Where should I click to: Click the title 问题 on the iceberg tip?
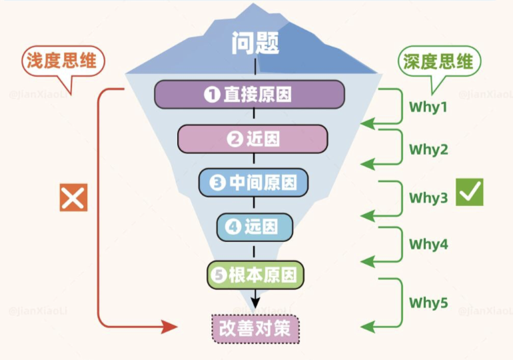(256, 43)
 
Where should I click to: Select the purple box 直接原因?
(249, 94)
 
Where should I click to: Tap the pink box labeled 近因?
(253, 139)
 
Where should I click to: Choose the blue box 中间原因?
(254, 183)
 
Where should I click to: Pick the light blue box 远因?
(255, 227)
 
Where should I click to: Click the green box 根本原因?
(255, 275)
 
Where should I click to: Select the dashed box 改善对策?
(256, 328)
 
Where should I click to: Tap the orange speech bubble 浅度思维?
(61, 62)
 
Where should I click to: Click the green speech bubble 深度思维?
(438, 62)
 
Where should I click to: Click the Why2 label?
(428, 149)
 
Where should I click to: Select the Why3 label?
(428, 198)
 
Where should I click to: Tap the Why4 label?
(428, 245)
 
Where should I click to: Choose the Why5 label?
(428, 303)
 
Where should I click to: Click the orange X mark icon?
(73, 198)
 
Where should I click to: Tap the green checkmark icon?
(470, 193)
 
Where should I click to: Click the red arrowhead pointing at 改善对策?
(171, 327)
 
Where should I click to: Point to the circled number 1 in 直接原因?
(212, 95)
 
